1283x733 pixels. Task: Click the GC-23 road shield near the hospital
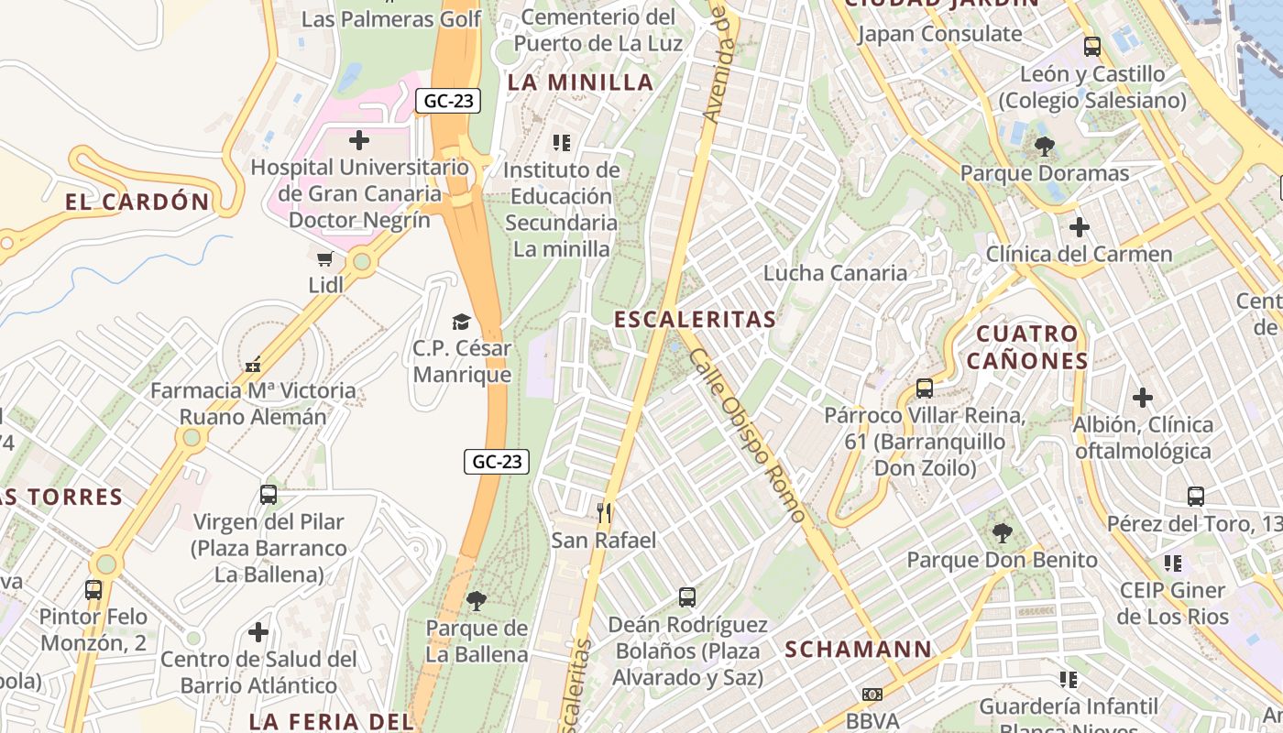pos(448,101)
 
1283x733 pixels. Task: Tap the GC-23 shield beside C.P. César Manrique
pos(497,462)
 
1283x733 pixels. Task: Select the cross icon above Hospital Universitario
pos(359,140)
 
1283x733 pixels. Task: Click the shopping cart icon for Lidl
pos(325,259)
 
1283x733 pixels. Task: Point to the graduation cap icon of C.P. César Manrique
pos(461,322)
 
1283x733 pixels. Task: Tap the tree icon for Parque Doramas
pos(1044,146)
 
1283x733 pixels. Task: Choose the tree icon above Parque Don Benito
pos(1003,532)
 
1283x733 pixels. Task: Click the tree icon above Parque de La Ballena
pos(476,601)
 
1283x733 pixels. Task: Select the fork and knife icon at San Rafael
pos(604,513)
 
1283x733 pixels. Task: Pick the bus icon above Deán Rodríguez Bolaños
pos(687,597)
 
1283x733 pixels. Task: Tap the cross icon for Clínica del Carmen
pos(1080,226)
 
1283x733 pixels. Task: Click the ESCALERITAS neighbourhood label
pos(695,320)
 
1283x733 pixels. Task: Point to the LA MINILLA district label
pos(581,82)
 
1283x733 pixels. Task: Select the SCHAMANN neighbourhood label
pos(858,650)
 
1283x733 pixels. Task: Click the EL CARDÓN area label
pos(137,202)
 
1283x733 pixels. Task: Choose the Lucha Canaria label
pos(835,273)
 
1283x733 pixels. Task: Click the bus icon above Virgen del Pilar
pos(269,495)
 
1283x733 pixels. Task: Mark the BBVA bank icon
pos(872,695)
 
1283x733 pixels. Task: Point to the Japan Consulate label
pos(939,35)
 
